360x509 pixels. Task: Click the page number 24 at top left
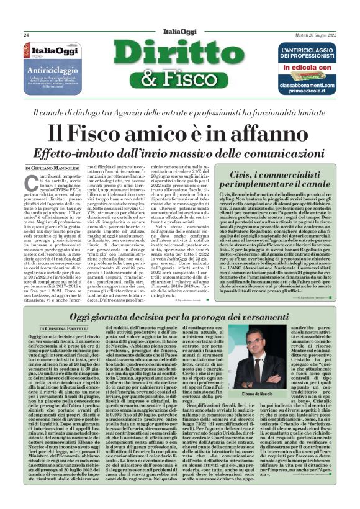click(26, 35)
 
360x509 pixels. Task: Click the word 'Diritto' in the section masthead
click(179, 56)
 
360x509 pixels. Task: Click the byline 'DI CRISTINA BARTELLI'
click(50, 327)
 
